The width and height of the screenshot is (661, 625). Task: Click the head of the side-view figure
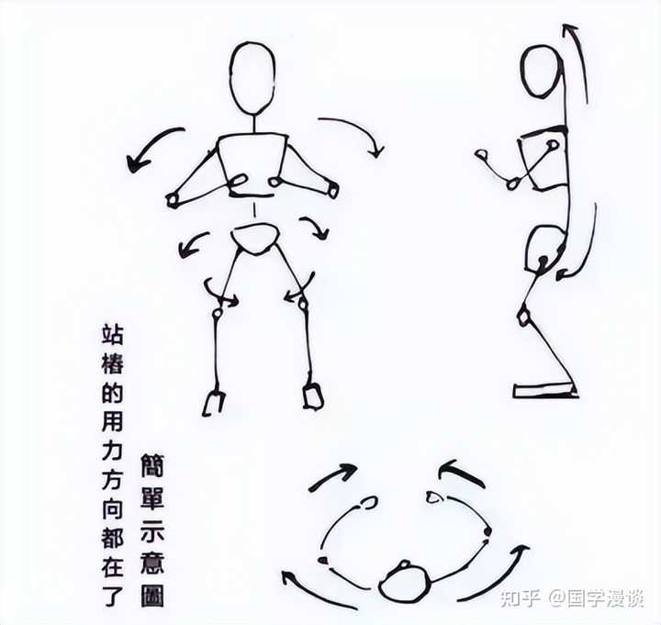543,72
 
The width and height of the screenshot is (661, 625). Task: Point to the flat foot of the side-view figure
544,390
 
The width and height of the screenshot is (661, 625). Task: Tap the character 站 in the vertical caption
113,335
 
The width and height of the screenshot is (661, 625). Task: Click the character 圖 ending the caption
152,596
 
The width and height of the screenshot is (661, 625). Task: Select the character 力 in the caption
113,450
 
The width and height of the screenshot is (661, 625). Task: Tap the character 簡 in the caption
152,465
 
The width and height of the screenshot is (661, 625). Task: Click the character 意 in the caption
152,563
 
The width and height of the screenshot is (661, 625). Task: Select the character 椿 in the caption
113,363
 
